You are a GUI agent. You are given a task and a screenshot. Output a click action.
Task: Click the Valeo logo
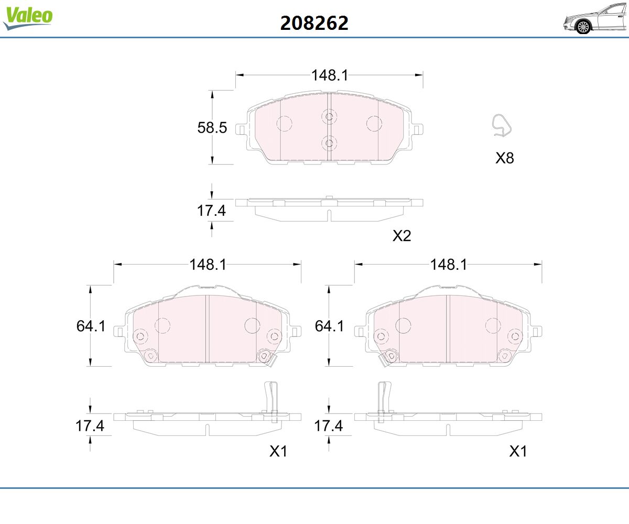tap(28, 18)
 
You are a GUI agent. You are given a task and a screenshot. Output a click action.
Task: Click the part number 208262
tap(314, 23)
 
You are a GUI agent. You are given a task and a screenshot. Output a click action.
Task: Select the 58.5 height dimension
tap(212, 128)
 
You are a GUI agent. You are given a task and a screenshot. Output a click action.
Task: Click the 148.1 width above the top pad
tap(330, 75)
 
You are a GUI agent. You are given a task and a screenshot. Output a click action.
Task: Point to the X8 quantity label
tap(505, 158)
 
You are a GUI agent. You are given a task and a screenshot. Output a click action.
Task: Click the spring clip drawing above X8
tap(501, 126)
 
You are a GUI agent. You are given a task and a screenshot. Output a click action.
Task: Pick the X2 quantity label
tap(402, 236)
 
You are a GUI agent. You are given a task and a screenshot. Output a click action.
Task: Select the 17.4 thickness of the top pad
tap(211, 211)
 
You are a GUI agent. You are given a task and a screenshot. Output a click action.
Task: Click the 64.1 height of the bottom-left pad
tap(91, 326)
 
